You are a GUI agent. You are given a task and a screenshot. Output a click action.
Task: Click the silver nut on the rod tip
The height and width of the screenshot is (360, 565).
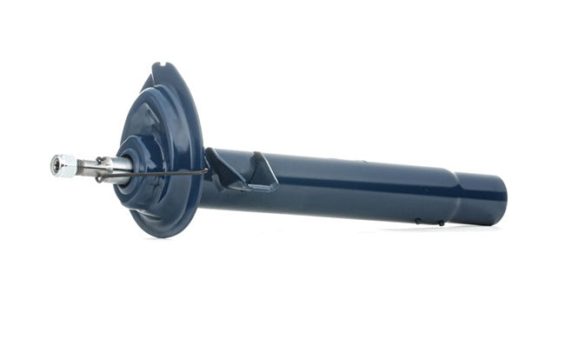[63, 165]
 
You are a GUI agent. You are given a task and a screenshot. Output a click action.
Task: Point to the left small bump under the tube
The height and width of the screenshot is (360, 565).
[417, 221]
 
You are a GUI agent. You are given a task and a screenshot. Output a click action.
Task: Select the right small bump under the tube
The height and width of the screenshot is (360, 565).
[441, 223]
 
